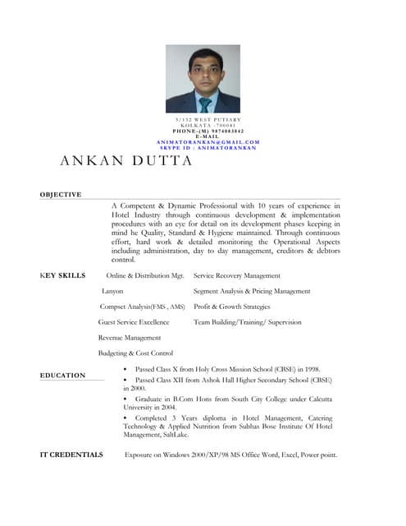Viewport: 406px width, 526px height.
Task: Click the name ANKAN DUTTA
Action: (x=125, y=161)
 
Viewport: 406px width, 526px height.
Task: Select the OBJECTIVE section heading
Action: (x=61, y=194)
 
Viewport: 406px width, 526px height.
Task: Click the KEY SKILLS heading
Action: (x=62, y=275)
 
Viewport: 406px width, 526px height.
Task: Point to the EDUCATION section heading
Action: (x=62, y=376)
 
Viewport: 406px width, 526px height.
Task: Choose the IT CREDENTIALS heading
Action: (x=71, y=454)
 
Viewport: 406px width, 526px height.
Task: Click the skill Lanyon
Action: (x=112, y=291)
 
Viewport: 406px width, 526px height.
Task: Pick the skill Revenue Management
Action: (x=130, y=338)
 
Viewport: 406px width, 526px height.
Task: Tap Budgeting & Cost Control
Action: (x=135, y=353)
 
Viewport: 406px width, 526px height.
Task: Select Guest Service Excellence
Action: (x=134, y=322)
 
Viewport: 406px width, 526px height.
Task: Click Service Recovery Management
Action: (x=237, y=275)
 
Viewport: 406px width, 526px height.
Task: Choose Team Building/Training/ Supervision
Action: (x=248, y=322)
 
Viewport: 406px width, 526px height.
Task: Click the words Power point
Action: (x=320, y=454)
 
